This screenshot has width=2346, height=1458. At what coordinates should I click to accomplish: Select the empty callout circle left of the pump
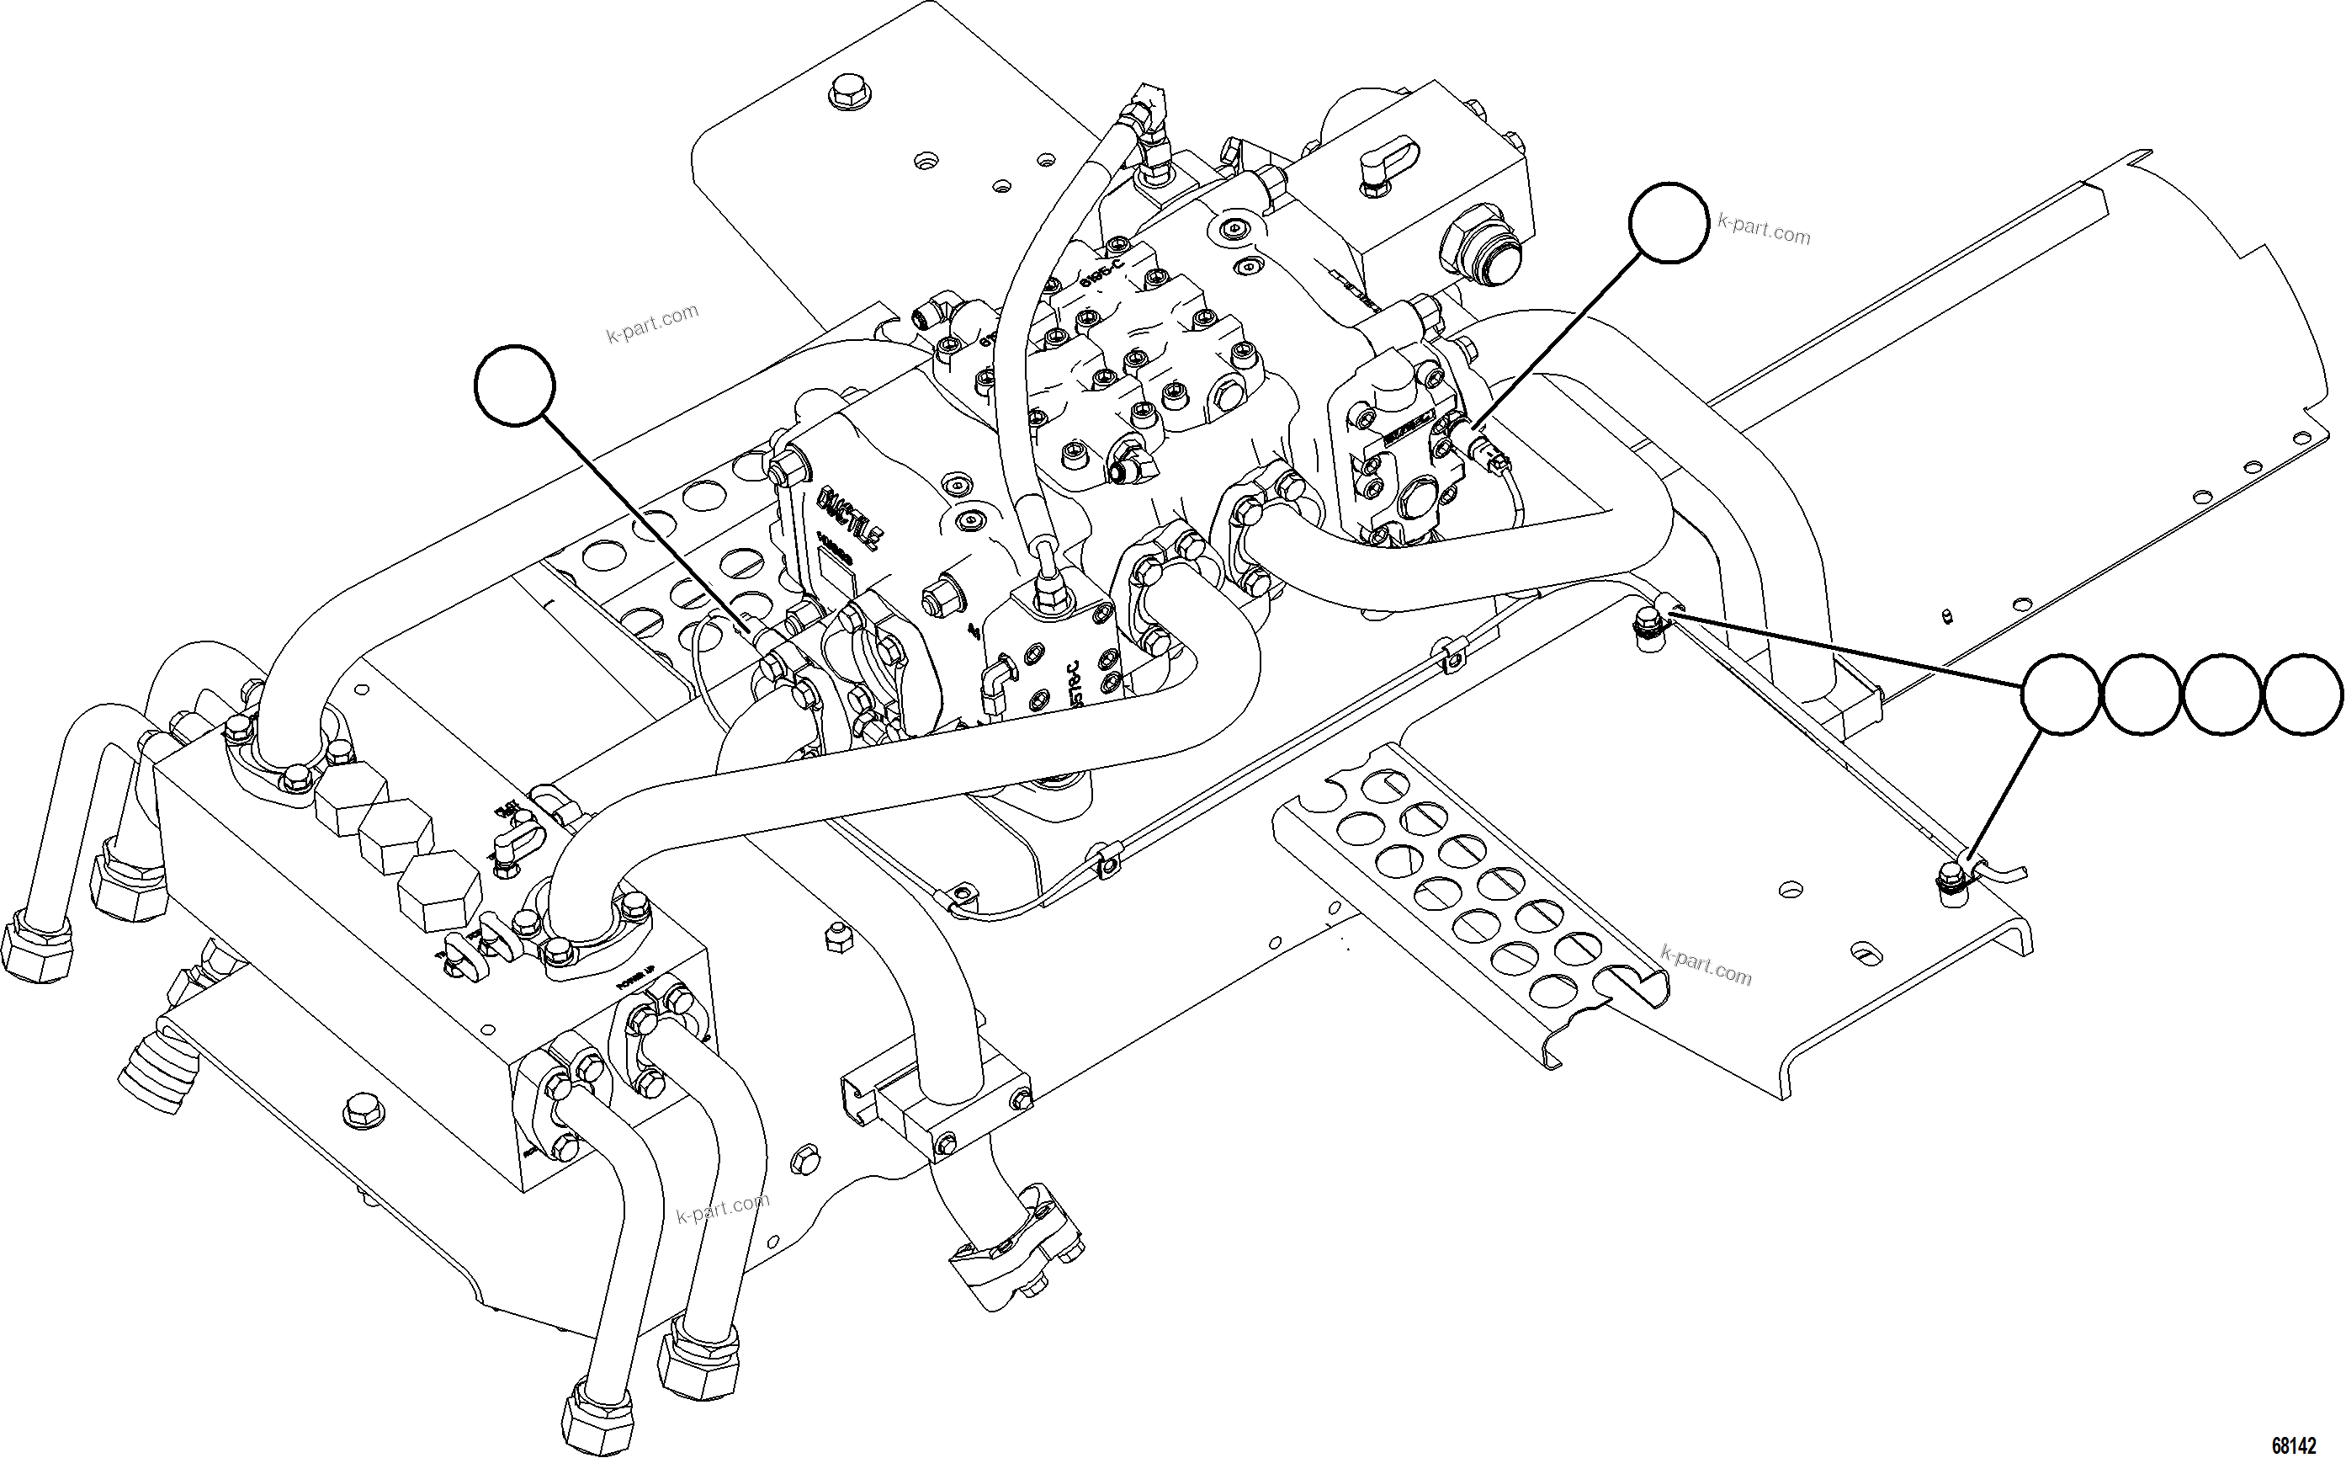[515, 385]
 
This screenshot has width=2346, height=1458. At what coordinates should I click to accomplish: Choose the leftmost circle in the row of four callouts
[2060, 694]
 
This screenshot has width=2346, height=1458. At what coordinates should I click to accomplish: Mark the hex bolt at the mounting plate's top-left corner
[847, 93]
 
